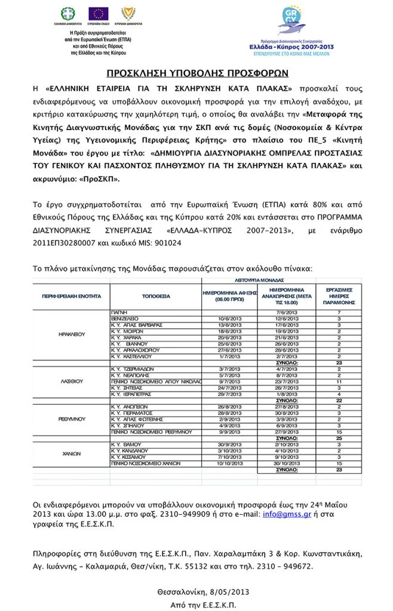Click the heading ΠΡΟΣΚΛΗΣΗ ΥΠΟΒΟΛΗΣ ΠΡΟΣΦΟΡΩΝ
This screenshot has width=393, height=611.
pyautogui.click(x=197, y=73)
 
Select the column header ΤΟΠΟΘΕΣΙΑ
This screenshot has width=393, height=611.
pyautogui.click(x=156, y=296)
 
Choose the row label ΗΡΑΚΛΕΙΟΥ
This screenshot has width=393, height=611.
pyautogui.click(x=72, y=334)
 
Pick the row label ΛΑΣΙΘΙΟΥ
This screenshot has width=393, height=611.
pyautogui.click(x=72, y=380)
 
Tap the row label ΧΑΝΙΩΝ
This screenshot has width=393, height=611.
pyautogui.click(x=72, y=453)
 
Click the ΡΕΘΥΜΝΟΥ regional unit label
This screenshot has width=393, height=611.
pyautogui.click(x=72, y=419)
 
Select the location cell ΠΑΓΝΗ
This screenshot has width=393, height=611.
pyautogui.click(x=119, y=313)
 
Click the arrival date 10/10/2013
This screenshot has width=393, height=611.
pyautogui.click(x=229, y=463)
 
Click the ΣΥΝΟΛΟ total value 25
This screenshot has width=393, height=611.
pyautogui.click(x=339, y=438)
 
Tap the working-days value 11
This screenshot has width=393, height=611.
pyautogui.click(x=339, y=381)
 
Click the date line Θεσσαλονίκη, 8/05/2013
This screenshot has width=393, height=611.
pyautogui.click(x=203, y=593)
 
